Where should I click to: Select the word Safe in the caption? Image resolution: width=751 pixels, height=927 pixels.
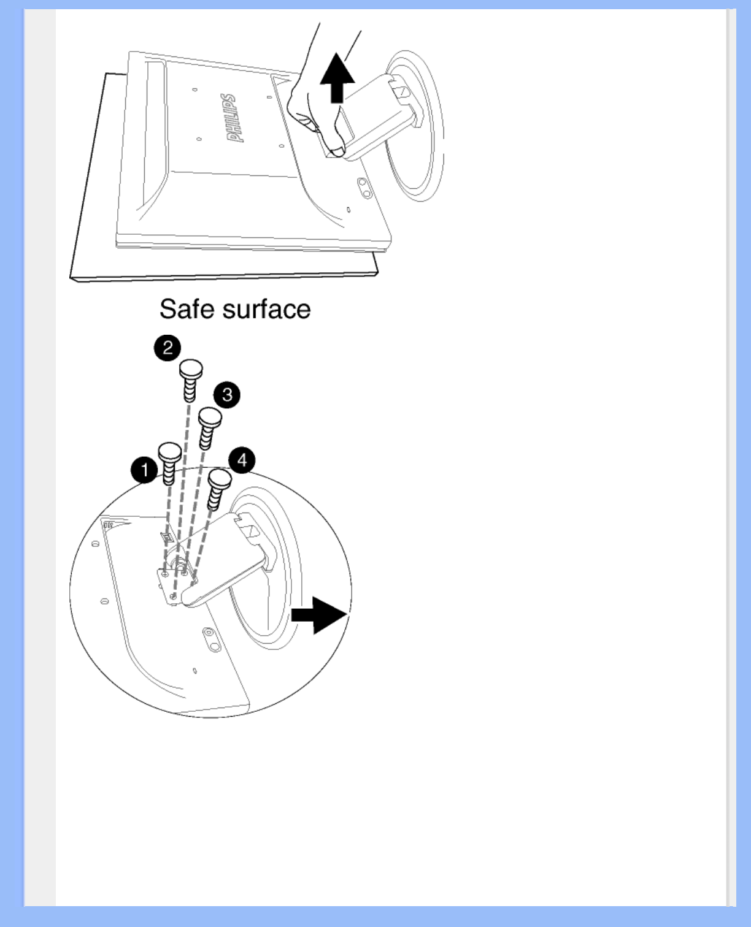coord(187,309)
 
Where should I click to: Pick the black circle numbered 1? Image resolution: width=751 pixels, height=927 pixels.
coord(144,471)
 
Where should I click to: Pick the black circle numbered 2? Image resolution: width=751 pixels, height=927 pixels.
coord(167,348)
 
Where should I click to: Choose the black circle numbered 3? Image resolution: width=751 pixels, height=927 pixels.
coord(227,394)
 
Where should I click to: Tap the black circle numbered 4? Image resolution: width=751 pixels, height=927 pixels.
coord(242,460)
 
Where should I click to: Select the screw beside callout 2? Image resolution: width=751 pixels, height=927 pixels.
coord(190,380)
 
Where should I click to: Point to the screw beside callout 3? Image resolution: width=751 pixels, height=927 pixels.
coord(209,428)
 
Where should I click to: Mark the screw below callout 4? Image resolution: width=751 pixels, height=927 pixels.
coord(218,487)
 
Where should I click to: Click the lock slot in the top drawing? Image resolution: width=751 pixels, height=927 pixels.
coord(363,188)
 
